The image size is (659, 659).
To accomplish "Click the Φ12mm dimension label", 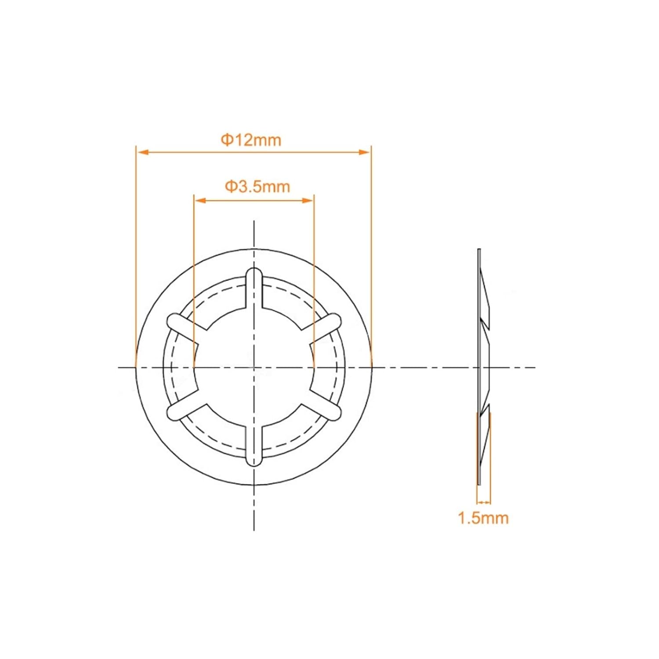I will pyautogui.click(x=251, y=140).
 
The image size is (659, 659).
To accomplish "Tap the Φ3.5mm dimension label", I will pyautogui.click(x=257, y=187).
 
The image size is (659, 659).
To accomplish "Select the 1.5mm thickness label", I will pyautogui.click(x=483, y=518).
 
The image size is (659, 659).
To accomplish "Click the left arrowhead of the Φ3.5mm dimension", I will pyautogui.click(x=200, y=201).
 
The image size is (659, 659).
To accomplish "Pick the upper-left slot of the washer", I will pyautogui.click(x=182, y=324).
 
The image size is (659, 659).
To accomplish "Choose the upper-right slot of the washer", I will pyautogui.click(x=325, y=324).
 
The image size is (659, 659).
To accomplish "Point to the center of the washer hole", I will pyautogui.click(x=254, y=367).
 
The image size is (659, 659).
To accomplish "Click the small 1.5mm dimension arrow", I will pyautogui.click(x=484, y=502).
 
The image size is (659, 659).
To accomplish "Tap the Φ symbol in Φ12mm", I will pyautogui.click(x=226, y=140).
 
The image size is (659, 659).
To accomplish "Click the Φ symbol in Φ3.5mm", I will pyautogui.click(x=231, y=187).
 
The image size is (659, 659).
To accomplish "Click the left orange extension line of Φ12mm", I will pyautogui.click(x=136, y=255).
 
